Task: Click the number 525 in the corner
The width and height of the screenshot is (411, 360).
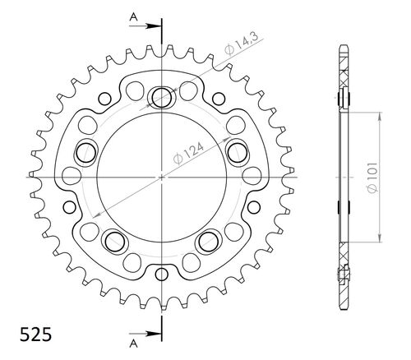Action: (35, 335)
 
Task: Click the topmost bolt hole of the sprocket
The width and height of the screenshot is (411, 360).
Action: (161, 98)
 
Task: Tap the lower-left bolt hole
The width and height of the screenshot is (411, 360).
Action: (115, 240)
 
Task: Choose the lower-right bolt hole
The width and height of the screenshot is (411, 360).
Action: (208, 240)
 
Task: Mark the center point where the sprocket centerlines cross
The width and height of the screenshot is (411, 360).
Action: (162, 177)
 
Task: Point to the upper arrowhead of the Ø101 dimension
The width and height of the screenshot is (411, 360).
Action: (379, 115)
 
